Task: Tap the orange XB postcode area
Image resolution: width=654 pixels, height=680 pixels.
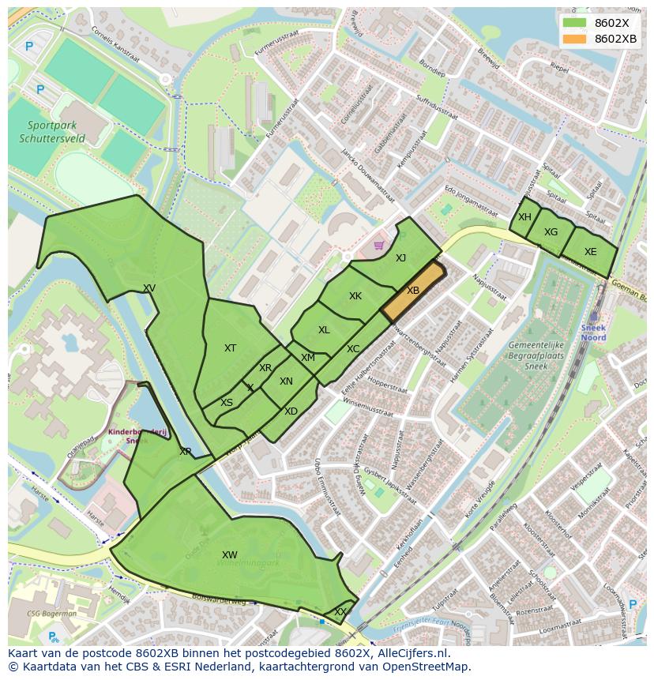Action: [413, 291]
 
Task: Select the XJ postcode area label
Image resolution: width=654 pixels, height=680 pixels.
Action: [400, 257]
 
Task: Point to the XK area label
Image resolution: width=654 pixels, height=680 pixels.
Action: [355, 296]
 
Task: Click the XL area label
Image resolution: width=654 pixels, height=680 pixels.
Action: [324, 330]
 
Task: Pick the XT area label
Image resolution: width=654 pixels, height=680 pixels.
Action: [230, 348]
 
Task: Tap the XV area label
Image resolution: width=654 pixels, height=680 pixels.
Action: [149, 288]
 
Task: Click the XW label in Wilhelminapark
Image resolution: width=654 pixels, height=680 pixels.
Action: [230, 555]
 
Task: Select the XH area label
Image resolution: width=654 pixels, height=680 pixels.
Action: [524, 217]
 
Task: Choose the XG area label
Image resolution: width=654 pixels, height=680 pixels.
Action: [551, 232]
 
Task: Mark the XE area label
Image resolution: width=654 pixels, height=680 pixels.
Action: [590, 252]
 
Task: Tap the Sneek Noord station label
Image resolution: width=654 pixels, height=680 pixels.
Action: [593, 332]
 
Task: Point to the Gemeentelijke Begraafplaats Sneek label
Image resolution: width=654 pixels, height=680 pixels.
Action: [537, 356]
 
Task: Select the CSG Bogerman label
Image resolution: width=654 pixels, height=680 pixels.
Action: [51, 613]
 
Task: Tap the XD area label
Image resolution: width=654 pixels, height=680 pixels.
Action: [291, 411]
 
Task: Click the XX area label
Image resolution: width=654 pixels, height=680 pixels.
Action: [340, 612]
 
